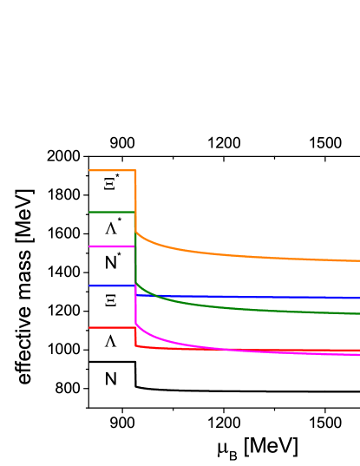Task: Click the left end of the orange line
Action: click(x=90, y=171)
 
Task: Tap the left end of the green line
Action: click(x=90, y=212)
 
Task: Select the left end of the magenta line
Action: click(x=90, y=246)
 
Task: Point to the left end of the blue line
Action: click(x=90, y=286)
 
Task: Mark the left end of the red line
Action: click(x=90, y=328)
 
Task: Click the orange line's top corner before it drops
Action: click(x=135, y=171)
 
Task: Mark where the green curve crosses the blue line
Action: click(x=154, y=296)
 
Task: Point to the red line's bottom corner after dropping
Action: click(x=136, y=346)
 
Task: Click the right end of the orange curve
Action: click(x=358, y=260)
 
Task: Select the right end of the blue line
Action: click(x=358, y=298)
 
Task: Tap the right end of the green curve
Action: click(x=358, y=313)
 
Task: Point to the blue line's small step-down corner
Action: click(x=136, y=295)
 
